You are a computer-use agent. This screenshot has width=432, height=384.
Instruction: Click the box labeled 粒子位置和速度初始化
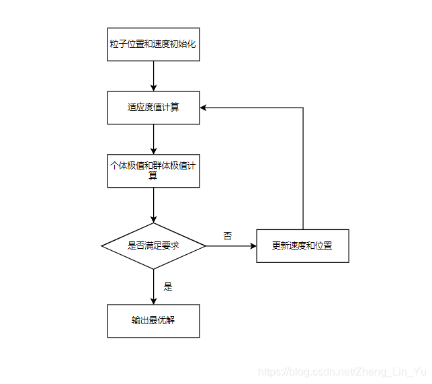pos(153,44)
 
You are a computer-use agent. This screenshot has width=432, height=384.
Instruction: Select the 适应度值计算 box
pos(153,108)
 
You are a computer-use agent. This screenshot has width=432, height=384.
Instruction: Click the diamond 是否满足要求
pos(153,246)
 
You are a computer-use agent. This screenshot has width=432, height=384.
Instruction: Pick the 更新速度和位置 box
pos(302,246)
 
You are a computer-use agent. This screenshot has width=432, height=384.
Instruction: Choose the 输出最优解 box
pos(153,321)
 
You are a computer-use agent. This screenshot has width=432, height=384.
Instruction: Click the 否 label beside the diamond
pos(228,236)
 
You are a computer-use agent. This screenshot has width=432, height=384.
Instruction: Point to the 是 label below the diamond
pos(168,286)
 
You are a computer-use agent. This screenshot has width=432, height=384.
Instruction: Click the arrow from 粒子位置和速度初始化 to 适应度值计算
pos(153,76)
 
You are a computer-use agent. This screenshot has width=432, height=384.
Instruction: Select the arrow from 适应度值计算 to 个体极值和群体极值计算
pos(153,139)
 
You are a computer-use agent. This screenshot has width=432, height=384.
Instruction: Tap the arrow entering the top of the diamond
pos(153,205)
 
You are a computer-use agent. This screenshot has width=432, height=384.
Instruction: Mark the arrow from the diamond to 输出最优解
pos(153,286)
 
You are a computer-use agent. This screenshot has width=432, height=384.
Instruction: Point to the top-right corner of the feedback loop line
pos(303,108)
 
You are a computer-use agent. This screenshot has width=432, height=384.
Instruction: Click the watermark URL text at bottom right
pos(343,372)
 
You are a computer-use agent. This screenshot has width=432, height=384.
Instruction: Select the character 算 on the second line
pos(153,176)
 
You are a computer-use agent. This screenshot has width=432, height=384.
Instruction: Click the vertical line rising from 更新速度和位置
pos(303,168)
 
